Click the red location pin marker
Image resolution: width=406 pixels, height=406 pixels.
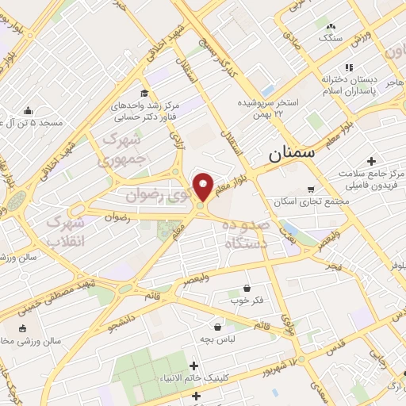204,186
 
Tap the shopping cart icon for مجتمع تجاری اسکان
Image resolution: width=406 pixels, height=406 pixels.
311,189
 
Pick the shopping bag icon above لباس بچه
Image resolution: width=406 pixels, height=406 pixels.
216,326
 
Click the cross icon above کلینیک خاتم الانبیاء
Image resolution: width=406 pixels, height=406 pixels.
195,366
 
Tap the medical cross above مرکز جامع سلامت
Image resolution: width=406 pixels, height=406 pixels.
371,161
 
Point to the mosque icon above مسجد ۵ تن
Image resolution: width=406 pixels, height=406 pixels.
29,111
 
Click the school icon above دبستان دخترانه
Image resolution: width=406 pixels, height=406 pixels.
347,68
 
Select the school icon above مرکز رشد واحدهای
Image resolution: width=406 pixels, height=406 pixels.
144,91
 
